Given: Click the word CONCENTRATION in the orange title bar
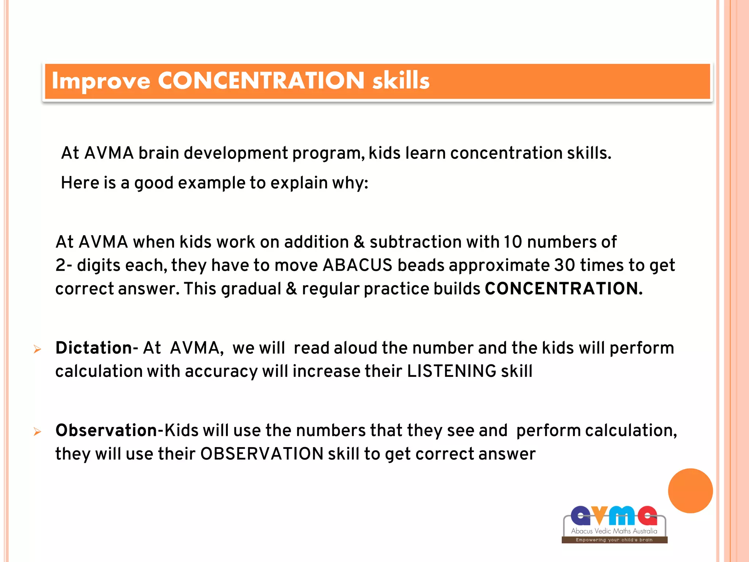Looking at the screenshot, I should [x=261, y=80].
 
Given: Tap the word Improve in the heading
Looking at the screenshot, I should [x=101, y=81].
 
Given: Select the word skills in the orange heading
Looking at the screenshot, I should [x=401, y=80].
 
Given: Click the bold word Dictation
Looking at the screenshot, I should [x=94, y=348].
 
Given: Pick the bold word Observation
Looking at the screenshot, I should [x=106, y=430].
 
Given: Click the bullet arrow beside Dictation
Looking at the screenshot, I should [x=37, y=349].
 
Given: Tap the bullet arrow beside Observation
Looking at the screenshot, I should [x=37, y=432].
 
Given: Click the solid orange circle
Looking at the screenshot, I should [x=690, y=491].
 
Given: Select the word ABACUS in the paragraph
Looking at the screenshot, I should [x=357, y=265].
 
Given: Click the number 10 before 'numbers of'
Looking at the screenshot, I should [x=513, y=242].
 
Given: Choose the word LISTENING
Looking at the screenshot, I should [x=451, y=371].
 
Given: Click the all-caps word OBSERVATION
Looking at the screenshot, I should [x=261, y=454].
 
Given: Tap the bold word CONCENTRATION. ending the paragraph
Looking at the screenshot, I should [x=563, y=289].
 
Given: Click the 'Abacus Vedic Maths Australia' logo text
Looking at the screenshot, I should [x=614, y=531].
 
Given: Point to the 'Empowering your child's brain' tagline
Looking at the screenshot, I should [x=614, y=540].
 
